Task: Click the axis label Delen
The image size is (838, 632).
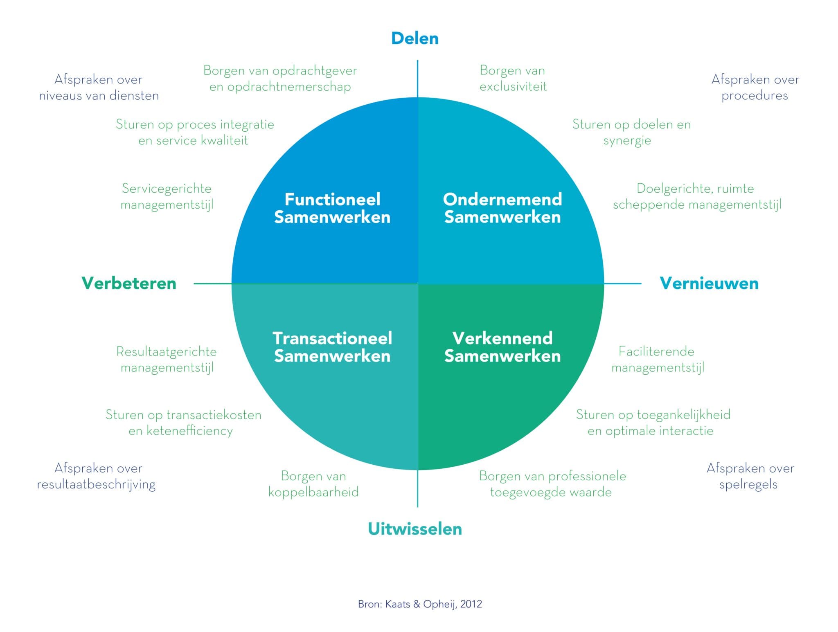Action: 415,38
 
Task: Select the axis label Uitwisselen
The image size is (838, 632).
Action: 415,529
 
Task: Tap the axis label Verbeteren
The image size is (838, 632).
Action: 129,283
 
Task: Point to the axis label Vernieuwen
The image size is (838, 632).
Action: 709,283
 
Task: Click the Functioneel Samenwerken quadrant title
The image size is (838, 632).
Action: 332,208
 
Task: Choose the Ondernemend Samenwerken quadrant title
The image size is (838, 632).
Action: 502,208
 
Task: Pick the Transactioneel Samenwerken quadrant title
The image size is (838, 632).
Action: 332,347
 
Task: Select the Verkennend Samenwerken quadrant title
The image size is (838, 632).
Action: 502,347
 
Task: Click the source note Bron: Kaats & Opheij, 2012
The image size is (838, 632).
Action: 420,604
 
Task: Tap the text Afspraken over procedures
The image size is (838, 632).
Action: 755,87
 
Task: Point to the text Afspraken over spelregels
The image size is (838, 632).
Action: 750,476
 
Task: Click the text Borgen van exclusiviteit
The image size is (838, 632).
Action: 513,79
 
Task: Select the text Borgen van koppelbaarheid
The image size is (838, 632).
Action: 313,484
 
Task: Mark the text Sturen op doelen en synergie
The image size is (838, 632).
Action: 631,132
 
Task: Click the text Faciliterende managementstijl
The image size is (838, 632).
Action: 658,360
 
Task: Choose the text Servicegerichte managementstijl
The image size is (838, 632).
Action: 167,196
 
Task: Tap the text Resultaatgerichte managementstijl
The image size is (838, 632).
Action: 167,360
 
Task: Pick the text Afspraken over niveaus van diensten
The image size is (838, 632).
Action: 99,87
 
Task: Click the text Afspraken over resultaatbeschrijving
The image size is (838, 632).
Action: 97,476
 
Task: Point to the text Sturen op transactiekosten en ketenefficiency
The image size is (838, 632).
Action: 183,423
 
